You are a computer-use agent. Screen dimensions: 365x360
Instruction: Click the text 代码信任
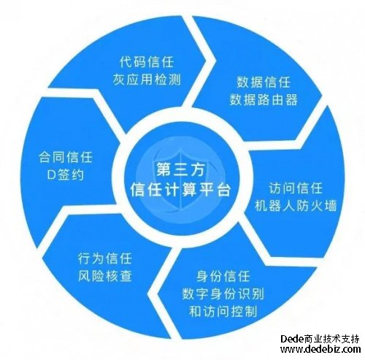(x=147, y=62)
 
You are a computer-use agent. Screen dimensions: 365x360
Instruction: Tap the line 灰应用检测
(x=147, y=80)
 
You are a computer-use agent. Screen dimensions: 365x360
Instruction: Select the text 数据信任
(x=264, y=82)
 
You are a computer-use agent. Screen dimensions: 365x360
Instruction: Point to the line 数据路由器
(x=264, y=99)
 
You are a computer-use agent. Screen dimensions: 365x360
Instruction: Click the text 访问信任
(x=296, y=188)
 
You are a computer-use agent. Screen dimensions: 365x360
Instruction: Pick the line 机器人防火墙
(x=296, y=206)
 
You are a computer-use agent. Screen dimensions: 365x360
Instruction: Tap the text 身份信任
(x=223, y=276)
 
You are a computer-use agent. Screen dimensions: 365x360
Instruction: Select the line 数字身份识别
(x=223, y=294)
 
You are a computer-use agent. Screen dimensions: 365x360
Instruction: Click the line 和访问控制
(x=223, y=312)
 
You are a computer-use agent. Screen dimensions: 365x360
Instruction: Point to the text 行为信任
(x=105, y=258)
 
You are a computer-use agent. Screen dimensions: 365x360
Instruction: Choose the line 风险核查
(x=105, y=276)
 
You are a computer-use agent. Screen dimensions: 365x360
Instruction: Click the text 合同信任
(x=66, y=157)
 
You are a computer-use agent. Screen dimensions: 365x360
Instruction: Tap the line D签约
(x=66, y=175)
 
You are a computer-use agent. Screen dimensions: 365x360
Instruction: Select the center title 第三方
(x=180, y=169)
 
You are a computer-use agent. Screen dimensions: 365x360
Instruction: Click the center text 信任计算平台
(x=180, y=189)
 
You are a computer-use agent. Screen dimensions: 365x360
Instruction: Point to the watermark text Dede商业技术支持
(x=320, y=339)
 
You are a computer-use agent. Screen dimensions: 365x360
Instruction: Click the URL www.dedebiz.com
(x=320, y=349)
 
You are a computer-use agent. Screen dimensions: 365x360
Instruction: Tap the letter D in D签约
(x=52, y=175)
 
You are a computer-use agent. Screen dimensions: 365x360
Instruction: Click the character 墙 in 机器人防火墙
(x=331, y=206)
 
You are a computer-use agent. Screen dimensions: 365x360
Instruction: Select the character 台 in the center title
(x=223, y=189)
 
